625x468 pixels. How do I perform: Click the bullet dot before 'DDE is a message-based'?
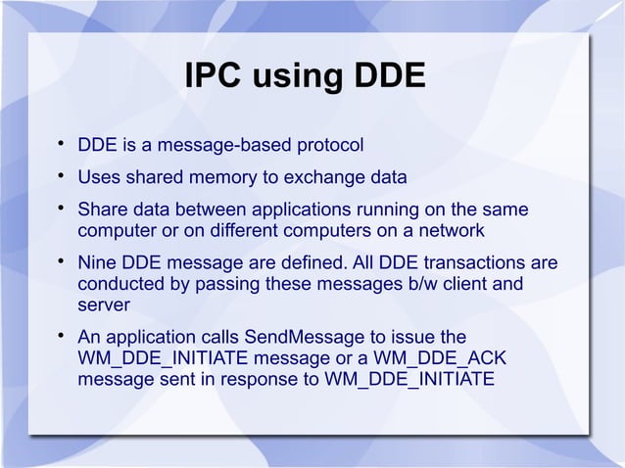(x=61, y=146)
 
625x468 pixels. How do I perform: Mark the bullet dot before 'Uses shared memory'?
(x=61, y=178)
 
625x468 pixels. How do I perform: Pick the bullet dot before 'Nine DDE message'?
(x=61, y=263)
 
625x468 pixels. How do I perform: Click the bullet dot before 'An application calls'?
(x=61, y=338)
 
